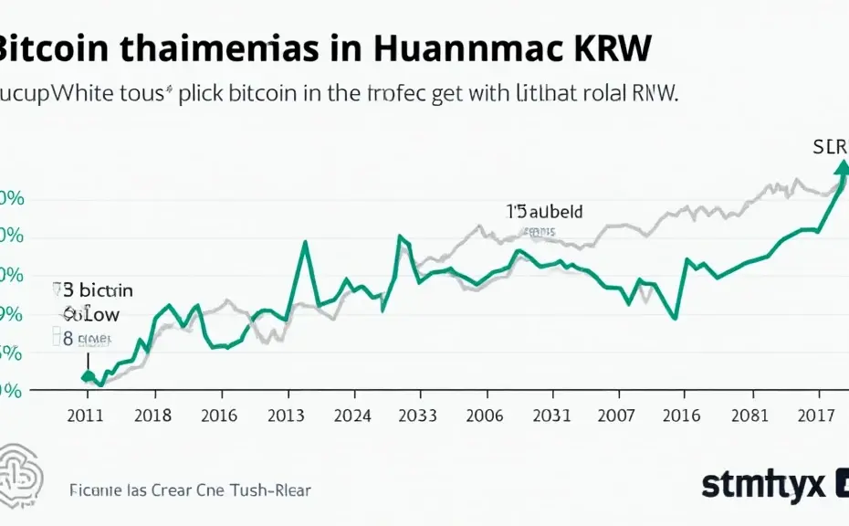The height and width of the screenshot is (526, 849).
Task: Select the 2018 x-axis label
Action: [152, 416]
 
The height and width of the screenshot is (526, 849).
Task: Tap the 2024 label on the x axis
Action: [352, 416]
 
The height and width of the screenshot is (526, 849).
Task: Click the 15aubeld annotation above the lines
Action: [544, 211]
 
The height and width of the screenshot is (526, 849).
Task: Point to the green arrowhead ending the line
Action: [841, 167]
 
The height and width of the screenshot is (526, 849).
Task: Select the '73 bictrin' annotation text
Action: [93, 290]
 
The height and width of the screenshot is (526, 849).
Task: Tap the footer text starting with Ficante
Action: [190, 490]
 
